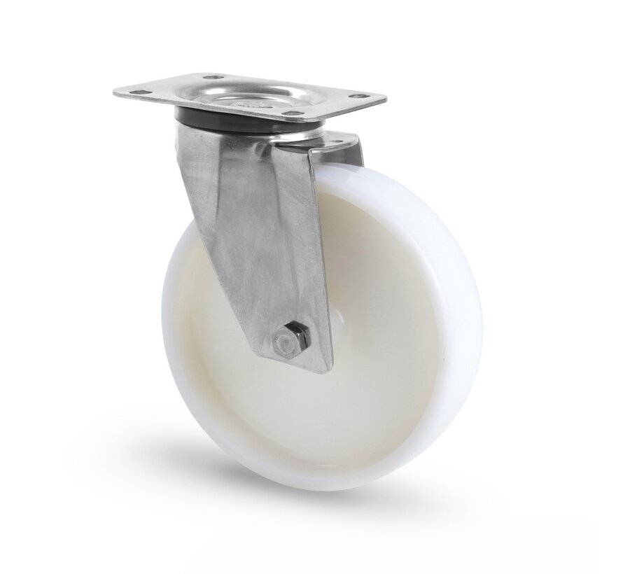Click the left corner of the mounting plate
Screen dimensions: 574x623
(114, 92)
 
